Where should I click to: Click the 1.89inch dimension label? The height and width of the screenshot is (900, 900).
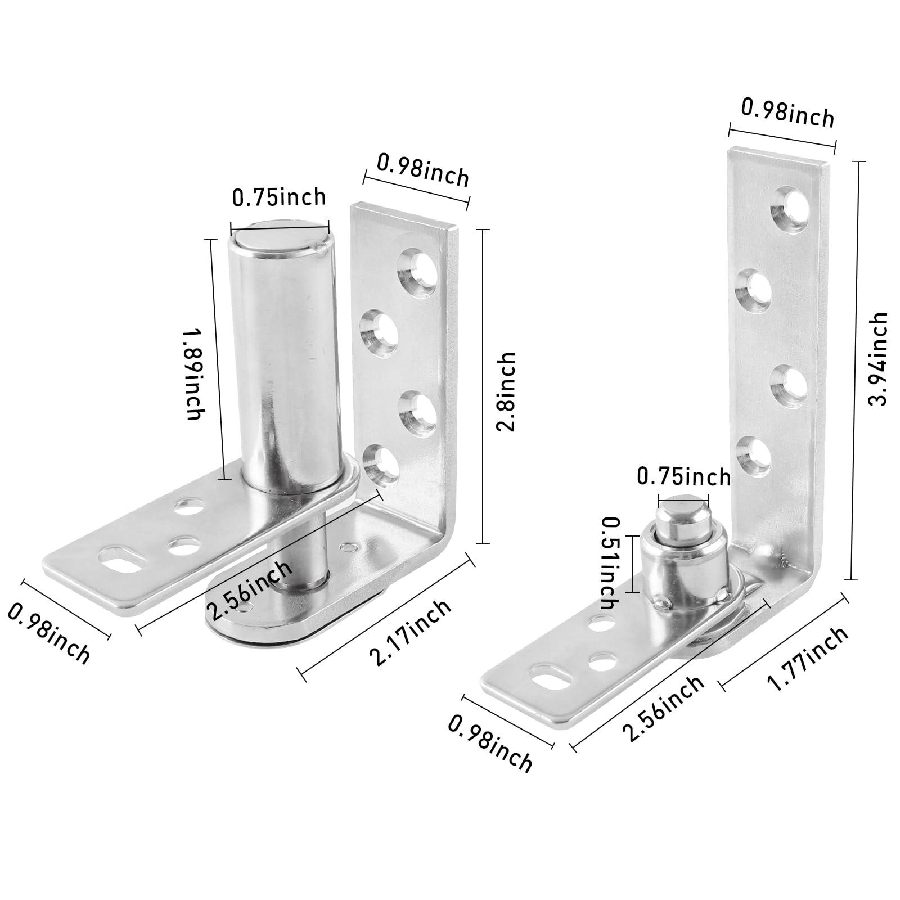(x=193, y=375)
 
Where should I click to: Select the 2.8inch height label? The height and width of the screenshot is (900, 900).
(x=506, y=391)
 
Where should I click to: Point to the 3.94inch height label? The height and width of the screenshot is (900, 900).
(x=877, y=358)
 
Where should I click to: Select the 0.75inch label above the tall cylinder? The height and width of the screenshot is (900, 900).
(x=279, y=197)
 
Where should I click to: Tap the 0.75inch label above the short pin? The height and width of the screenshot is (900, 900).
(x=683, y=477)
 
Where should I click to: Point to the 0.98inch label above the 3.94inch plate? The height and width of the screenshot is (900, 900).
(x=787, y=114)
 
